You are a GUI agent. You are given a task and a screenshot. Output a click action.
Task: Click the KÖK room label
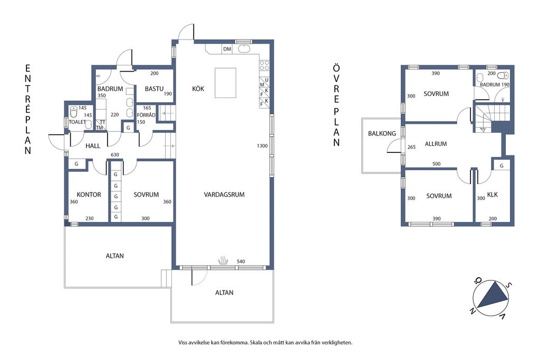click(198, 89)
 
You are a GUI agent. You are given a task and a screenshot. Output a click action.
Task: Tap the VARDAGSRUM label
click(224, 194)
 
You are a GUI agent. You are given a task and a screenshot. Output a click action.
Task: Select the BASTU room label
click(154, 89)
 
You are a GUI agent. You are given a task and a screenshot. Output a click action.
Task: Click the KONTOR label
click(89, 194)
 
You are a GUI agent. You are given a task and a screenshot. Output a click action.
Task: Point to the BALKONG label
click(382, 133)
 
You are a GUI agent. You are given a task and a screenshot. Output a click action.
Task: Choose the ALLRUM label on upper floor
click(436, 144)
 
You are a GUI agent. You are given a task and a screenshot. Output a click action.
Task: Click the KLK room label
click(493, 194)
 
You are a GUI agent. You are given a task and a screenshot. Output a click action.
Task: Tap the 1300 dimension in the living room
click(262, 146)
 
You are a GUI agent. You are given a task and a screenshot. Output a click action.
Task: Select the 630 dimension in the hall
click(114, 155)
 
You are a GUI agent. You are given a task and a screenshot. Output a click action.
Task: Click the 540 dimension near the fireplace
click(240, 261)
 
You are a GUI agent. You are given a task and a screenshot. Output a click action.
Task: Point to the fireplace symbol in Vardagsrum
click(223, 260)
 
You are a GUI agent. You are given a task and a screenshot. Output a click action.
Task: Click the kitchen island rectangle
click(226, 83)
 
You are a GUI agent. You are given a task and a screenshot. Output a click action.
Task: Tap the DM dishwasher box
click(227, 49)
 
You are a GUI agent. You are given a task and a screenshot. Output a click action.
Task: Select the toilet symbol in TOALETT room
click(73, 112)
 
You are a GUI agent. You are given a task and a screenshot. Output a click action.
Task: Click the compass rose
click(490, 298)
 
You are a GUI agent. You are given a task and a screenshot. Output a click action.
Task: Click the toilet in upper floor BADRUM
click(504, 75)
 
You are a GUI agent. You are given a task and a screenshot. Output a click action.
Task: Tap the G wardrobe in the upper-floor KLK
click(502, 166)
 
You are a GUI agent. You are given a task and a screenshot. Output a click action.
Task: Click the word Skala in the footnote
click(256, 343)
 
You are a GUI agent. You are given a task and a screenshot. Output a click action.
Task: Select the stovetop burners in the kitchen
click(264, 65)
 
